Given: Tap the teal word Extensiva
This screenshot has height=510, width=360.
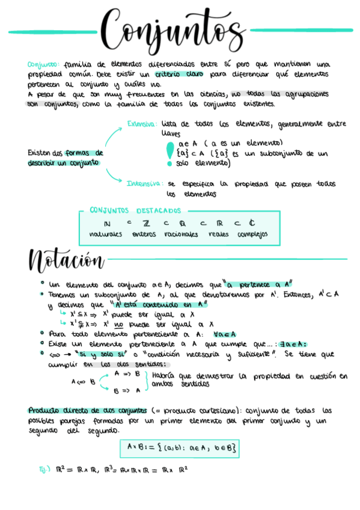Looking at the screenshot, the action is pos(142,123).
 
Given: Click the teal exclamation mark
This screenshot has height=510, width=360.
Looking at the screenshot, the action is pos(169,152).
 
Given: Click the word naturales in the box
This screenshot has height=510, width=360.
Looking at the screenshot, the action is pos(106,234).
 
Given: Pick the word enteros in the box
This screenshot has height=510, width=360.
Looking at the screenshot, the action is pos(144,234).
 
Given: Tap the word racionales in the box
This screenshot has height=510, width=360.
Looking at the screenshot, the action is pos(180,234).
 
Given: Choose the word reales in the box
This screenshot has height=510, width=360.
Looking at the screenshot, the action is pos(218,234).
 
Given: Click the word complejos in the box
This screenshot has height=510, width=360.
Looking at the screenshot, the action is pos(252,234).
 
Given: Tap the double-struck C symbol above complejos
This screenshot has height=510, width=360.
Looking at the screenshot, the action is pos(252,223).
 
